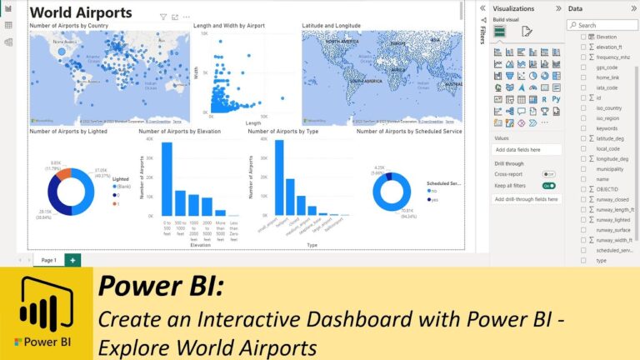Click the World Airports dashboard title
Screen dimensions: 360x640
[x=81, y=12]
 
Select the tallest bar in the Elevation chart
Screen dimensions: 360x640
[x=167, y=179]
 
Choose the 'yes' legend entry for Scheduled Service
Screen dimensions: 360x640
[x=434, y=200]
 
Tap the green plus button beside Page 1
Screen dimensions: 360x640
[x=72, y=260]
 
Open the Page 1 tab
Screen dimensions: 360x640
[x=48, y=260]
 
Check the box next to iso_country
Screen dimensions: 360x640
[x=583, y=107]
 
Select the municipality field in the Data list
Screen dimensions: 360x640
[x=610, y=168]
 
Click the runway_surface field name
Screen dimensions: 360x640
[x=613, y=229]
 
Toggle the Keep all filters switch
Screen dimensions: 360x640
[x=548, y=185]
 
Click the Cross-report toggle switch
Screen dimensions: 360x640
[x=548, y=174]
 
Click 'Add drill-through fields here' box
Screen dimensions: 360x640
[x=527, y=199]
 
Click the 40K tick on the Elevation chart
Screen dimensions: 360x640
[x=150, y=138]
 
